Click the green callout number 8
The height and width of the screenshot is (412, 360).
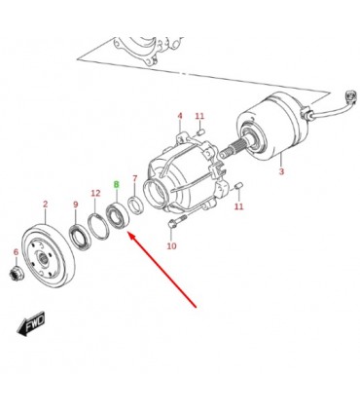[x=117, y=185]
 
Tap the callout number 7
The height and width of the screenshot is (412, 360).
[x=135, y=178]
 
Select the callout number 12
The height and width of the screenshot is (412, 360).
[x=95, y=194]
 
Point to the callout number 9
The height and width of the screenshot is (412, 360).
[x=76, y=205]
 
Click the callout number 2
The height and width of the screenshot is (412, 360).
[x=45, y=205]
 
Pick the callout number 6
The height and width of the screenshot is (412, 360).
[x=16, y=252]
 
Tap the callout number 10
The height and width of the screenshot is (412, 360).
[x=171, y=246]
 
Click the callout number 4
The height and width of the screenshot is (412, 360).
[x=180, y=116]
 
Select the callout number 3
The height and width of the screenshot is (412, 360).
[x=281, y=171]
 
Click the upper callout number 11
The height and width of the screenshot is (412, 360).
[x=199, y=116]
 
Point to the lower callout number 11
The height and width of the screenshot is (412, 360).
[x=238, y=206]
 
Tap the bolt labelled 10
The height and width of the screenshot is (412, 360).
[x=176, y=221]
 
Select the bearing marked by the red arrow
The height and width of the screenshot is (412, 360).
[x=118, y=215]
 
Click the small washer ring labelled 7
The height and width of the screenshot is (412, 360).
[x=135, y=206]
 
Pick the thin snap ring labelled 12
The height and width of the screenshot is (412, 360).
[x=98, y=227]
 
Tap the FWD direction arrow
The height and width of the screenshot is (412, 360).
[x=31, y=323]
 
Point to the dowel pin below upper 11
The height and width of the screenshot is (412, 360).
[x=200, y=131]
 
